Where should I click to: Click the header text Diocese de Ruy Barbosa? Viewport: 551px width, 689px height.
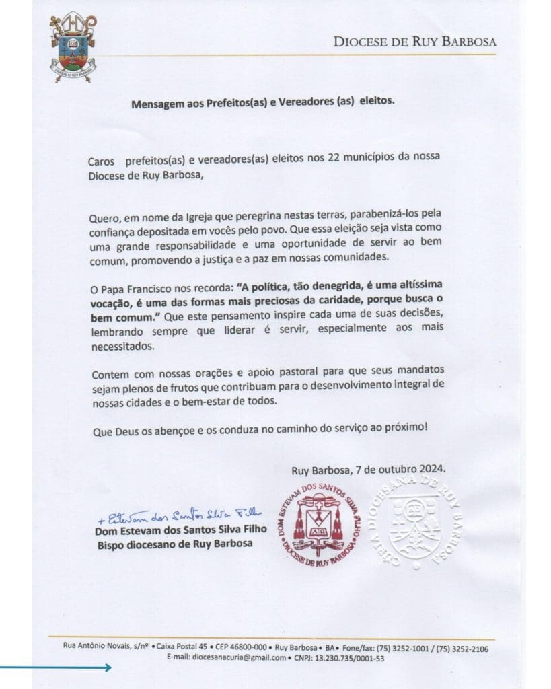click(414, 42)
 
